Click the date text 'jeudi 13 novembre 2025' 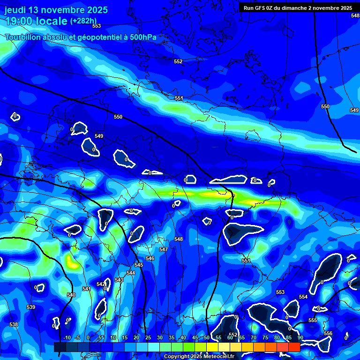[x=56, y=10]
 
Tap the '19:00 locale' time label [x=36, y=21]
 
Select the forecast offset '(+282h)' [x=83, y=21]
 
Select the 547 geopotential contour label [x=163, y=249]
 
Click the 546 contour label [x=150, y=258]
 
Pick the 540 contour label [x=71, y=295]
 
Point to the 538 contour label [x=14, y=324]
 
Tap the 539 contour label [x=31, y=307]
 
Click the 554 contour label [x=303, y=297]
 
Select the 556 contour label [x=328, y=333]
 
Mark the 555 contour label [x=313, y=320]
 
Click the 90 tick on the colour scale [x=300, y=338]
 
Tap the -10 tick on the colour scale [x=67, y=338]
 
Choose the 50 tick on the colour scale [x=207, y=338]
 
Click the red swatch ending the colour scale [x=294, y=347]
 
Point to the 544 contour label [x=131, y=273]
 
